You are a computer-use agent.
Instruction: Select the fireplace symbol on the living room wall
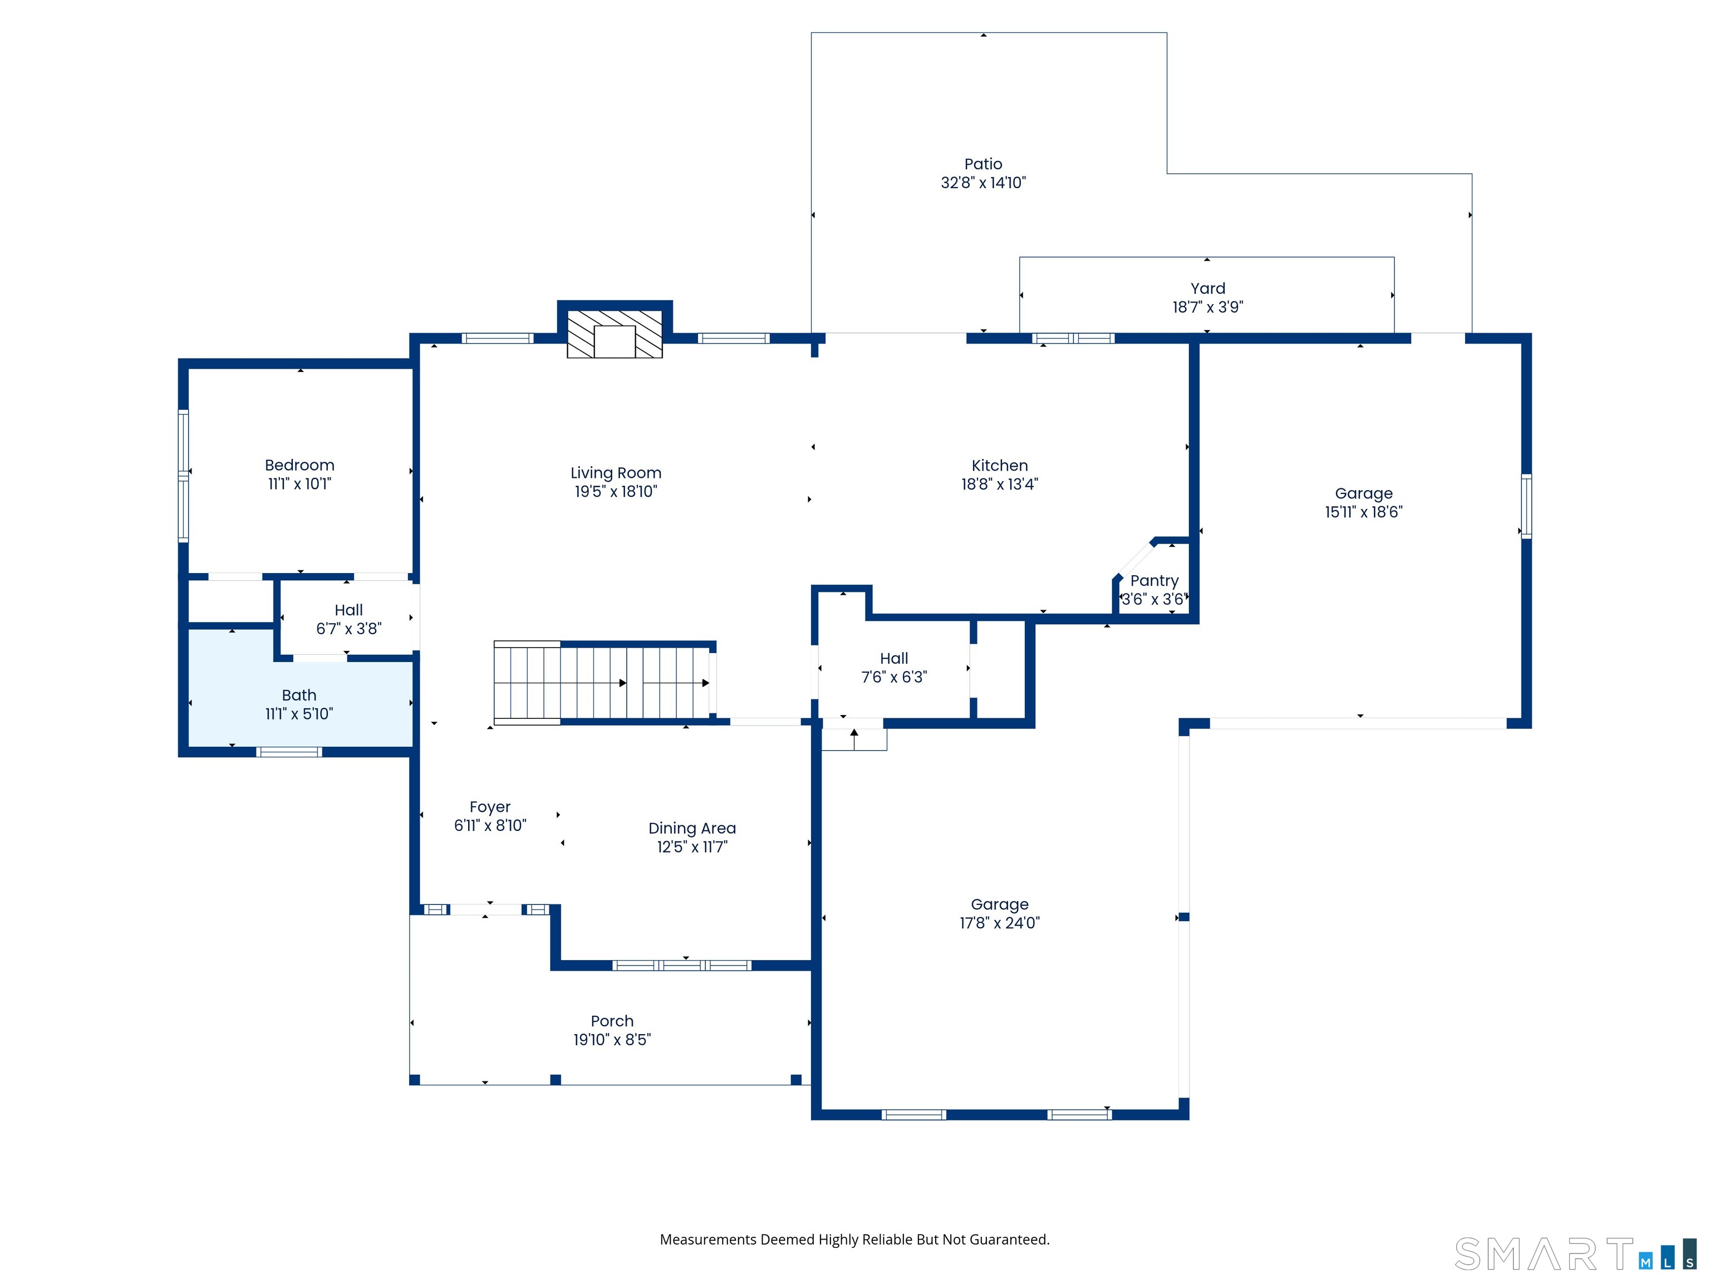tap(615, 334)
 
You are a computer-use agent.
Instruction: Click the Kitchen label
tap(1000, 466)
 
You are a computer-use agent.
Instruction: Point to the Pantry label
tap(1154, 581)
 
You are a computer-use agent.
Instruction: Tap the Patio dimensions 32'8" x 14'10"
tap(984, 183)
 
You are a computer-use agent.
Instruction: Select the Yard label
tap(1207, 288)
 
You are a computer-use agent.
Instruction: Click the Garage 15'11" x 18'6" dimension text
tap(1364, 512)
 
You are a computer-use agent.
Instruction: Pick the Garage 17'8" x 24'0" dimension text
tap(1000, 923)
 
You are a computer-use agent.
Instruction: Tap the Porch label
tap(612, 1021)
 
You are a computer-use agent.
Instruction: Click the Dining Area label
tap(692, 828)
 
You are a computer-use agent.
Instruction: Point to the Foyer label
tap(490, 807)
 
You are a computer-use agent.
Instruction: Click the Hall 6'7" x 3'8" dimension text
tap(348, 629)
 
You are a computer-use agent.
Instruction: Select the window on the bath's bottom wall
tap(288, 752)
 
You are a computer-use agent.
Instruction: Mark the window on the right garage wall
tap(1526, 507)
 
